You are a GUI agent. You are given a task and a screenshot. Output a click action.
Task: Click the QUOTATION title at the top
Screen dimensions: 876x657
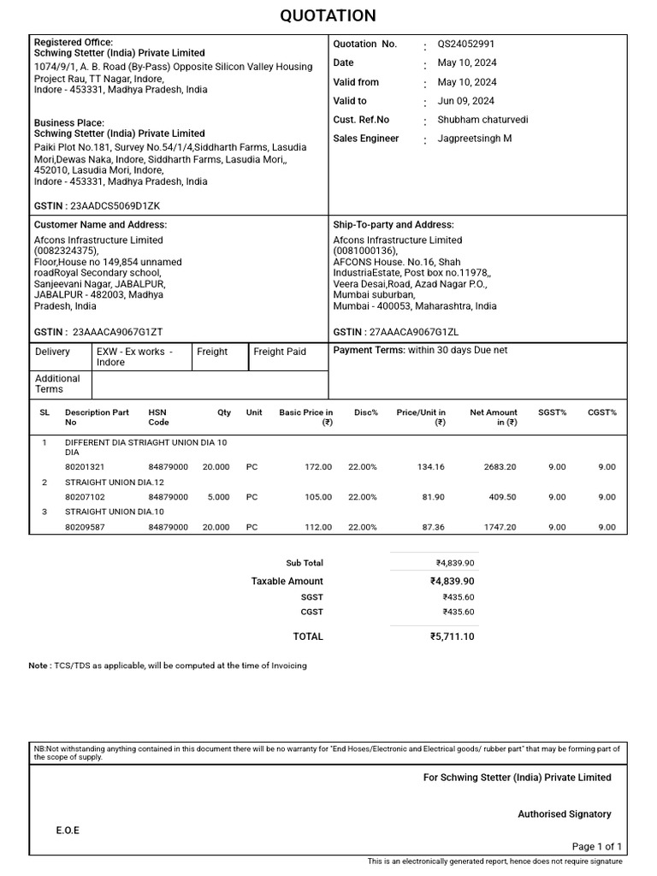coord(328,16)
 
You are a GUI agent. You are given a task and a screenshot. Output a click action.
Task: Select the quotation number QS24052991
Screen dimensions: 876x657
coord(465,44)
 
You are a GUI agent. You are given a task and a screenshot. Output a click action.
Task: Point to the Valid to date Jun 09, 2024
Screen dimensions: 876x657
coord(466,101)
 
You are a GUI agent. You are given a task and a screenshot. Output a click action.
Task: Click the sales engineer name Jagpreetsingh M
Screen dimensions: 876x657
coord(475,139)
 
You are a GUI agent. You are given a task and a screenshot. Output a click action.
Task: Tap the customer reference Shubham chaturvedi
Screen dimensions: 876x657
coord(482,120)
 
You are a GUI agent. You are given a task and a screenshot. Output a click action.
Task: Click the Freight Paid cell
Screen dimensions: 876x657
coord(280,352)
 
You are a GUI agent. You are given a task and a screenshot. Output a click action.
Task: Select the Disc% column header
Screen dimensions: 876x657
coord(366,412)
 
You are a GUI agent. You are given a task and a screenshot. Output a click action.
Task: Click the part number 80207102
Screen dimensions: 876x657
coord(85,497)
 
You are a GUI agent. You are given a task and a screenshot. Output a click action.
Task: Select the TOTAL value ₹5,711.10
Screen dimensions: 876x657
coord(452,636)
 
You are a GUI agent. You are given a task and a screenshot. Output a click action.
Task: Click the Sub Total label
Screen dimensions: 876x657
coord(305,563)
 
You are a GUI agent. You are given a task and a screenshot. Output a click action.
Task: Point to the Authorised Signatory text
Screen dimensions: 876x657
coord(564,814)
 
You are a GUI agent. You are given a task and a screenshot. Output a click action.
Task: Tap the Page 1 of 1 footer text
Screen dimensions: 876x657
coord(597,846)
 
